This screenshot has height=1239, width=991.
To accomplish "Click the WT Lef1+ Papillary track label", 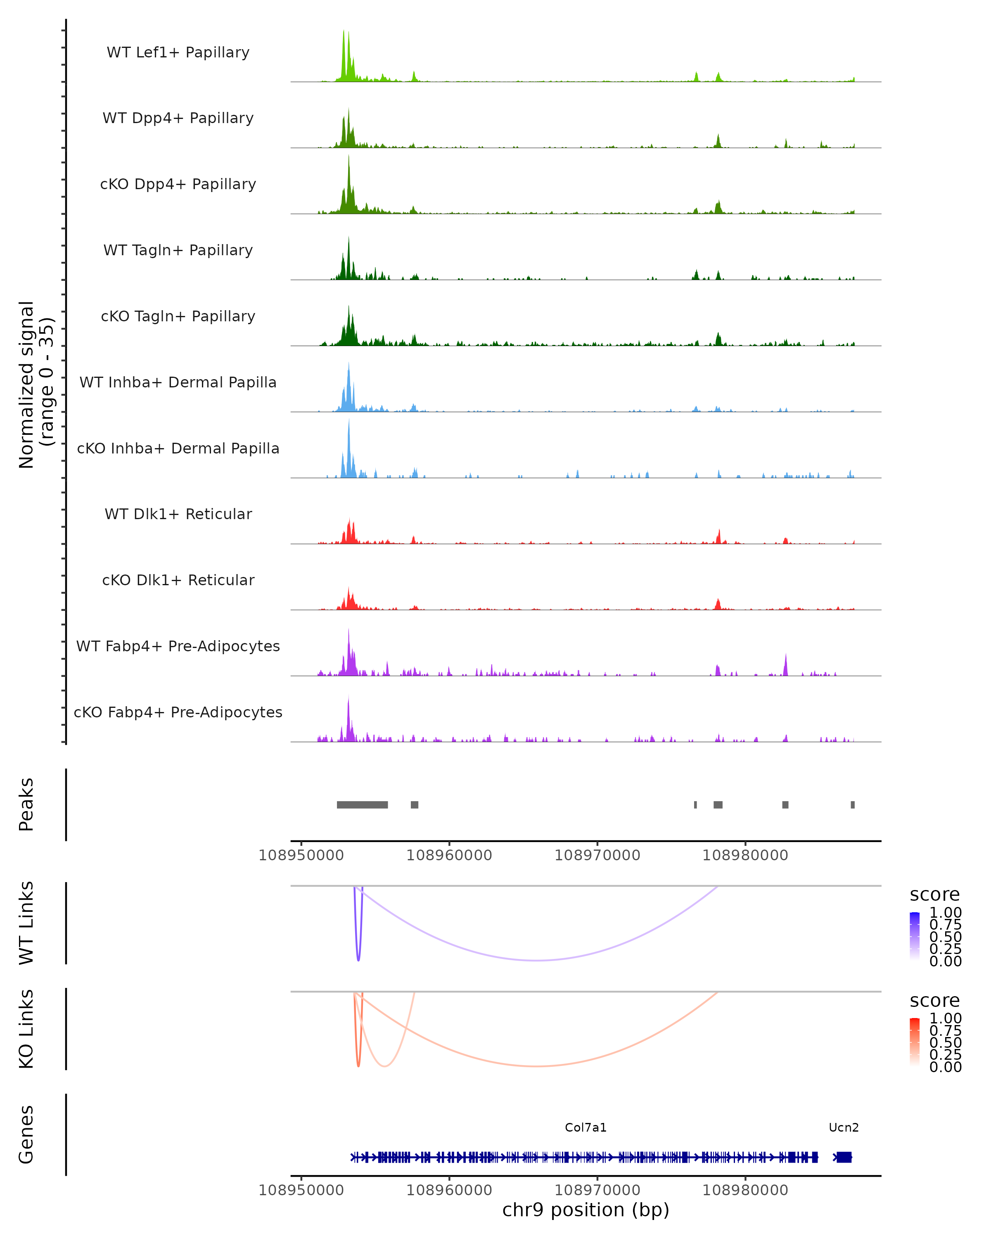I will [x=178, y=52].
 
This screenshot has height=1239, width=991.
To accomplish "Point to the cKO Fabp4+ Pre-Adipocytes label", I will [x=178, y=712].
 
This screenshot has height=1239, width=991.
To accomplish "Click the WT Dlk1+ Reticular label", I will [x=178, y=514].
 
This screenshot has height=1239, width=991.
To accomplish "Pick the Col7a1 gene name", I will [x=586, y=1127].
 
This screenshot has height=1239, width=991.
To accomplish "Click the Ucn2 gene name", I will [x=843, y=1127].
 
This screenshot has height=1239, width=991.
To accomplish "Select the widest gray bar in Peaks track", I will [x=362, y=805].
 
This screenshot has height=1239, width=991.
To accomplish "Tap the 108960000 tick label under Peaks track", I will [x=449, y=855].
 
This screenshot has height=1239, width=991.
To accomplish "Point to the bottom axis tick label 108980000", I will [x=745, y=1190].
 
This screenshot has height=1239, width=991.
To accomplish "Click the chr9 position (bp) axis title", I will [x=586, y=1210].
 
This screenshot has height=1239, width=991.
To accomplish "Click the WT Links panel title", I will [x=26, y=923].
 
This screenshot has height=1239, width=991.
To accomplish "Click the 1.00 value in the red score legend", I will [x=945, y=1018].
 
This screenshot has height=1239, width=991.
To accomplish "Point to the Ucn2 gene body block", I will [x=843, y=1157].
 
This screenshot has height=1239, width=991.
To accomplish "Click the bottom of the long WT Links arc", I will [x=536, y=960].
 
